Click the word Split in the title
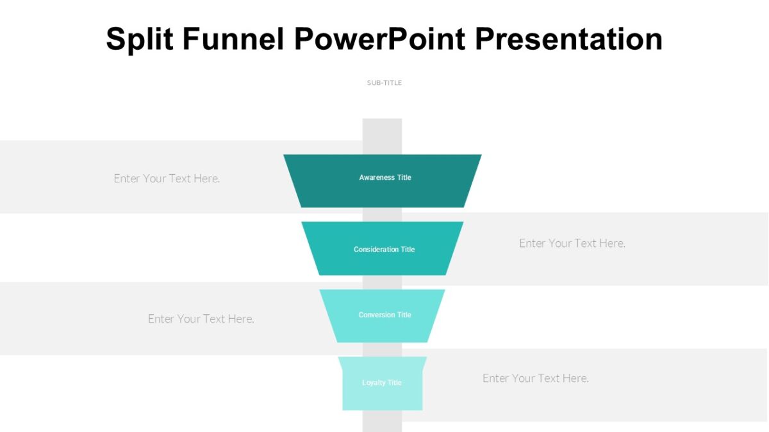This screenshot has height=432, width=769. point(140,40)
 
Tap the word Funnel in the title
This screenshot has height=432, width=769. point(233,40)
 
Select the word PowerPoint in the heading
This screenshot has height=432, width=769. point(380,40)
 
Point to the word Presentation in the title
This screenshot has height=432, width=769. point(568,40)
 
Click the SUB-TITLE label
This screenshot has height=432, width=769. point(384,83)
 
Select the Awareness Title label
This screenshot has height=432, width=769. point(385,177)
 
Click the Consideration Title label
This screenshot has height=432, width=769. point(384,250)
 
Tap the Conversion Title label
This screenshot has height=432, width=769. point(384,315)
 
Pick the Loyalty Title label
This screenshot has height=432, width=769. point(382,383)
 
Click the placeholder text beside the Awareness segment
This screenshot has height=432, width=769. point(167,179)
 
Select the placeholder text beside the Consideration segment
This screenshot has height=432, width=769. point(572,243)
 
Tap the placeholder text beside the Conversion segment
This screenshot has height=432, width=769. point(201,319)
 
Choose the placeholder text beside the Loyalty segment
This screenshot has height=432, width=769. point(536,378)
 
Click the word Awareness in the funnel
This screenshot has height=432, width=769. point(377,177)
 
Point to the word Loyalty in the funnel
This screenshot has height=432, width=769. point(373,383)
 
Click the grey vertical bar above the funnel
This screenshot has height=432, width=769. point(382,136)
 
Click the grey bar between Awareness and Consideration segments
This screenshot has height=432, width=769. point(382,214)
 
